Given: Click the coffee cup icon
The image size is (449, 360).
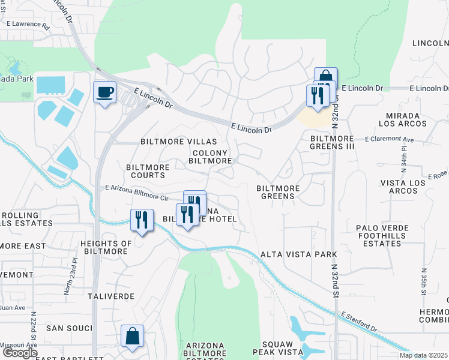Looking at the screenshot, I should (104, 93).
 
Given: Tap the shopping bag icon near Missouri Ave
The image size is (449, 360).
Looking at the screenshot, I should (132, 337).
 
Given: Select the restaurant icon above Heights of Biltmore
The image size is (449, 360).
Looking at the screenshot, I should (142, 220).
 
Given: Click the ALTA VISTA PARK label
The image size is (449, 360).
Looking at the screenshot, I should (298, 254).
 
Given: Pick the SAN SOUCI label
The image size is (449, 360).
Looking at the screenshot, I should (70, 328).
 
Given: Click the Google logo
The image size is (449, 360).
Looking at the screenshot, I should (19, 352).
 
